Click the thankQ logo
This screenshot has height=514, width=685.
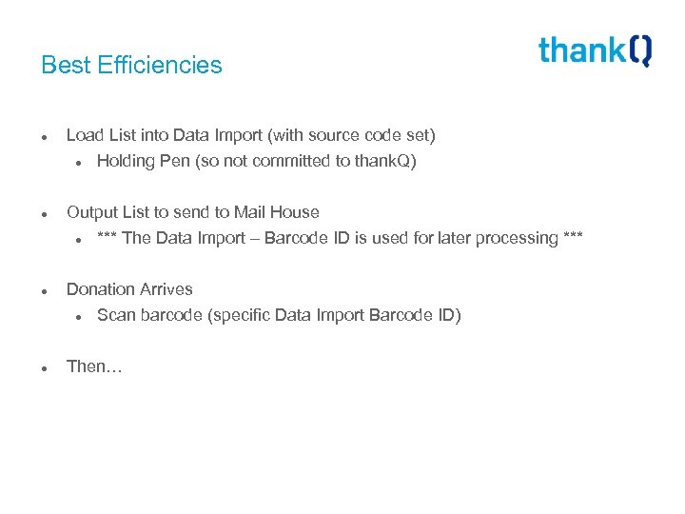point(595,50)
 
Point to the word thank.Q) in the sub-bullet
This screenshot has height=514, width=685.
point(385,161)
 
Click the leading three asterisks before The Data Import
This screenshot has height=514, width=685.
point(107,238)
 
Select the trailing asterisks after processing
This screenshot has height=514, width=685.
point(573,238)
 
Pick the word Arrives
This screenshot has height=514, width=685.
point(166,289)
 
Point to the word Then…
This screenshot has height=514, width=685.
point(94,366)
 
